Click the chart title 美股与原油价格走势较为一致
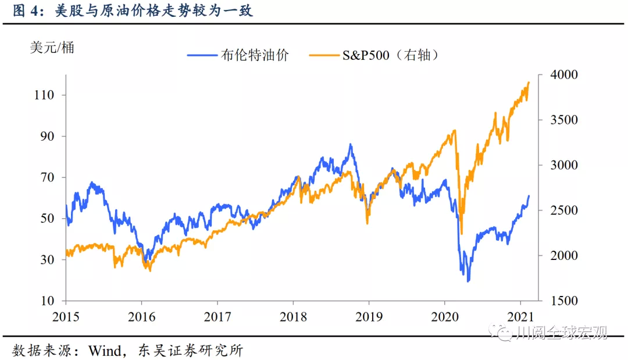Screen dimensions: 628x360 (154, 11)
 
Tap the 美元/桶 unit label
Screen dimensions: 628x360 (52, 48)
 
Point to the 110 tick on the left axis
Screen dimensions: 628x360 (44, 95)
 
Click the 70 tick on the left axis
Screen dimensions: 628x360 (47, 177)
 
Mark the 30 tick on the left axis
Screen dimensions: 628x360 (47, 259)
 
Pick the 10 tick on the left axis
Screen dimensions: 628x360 (47, 301)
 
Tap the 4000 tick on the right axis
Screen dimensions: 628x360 (564, 74)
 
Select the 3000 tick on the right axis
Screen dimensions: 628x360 (564, 165)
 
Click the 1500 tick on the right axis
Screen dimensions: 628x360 (564, 301)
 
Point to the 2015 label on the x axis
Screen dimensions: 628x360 (66, 317)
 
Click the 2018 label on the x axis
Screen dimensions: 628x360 (293, 317)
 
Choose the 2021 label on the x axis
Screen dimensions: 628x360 (520, 317)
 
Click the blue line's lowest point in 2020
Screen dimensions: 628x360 (468, 281)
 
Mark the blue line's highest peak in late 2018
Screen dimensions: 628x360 (351, 144)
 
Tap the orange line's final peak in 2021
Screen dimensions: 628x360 (529, 83)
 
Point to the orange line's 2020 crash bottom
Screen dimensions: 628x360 (461, 233)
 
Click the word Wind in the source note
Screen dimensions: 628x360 (105, 351)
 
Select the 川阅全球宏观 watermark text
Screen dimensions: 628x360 (562, 332)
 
